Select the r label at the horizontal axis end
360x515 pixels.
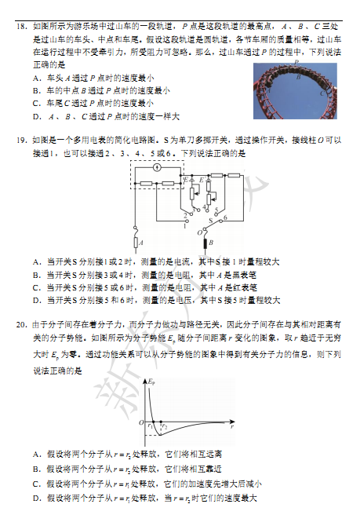(x=232, y=430)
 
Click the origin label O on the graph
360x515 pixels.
(x=141, y=424)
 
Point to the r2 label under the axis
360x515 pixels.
(x=164, y=426)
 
